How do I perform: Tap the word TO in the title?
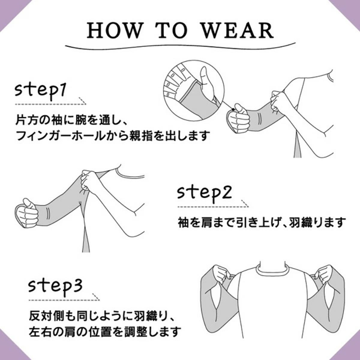pos(170,30)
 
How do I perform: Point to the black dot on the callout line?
pos(233,109)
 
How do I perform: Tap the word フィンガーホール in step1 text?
pos(60,135)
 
